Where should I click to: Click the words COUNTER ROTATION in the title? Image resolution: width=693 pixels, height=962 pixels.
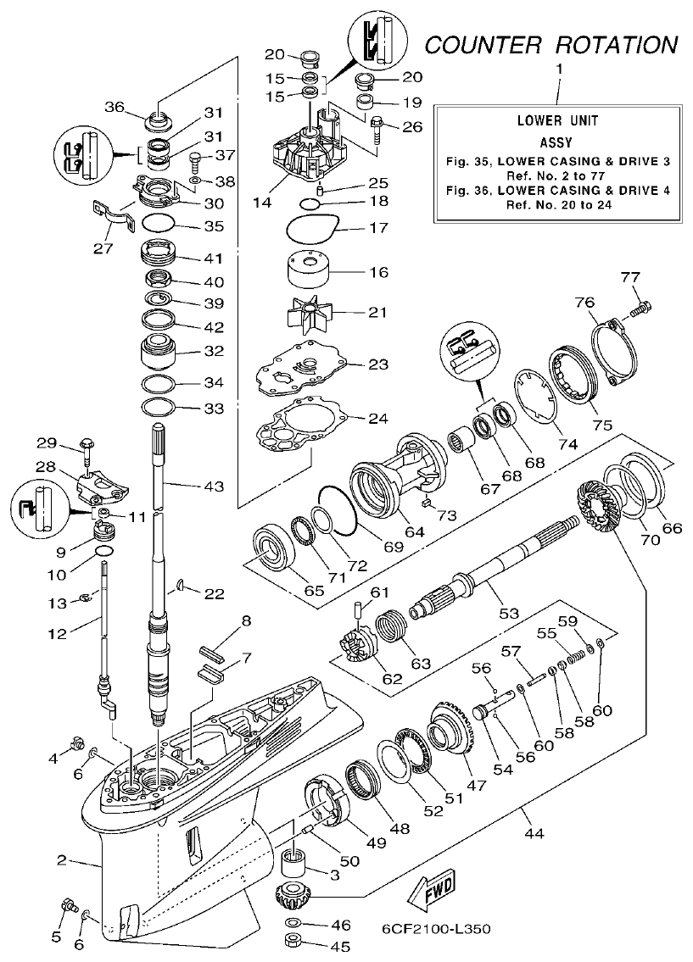click(x=551, y=44)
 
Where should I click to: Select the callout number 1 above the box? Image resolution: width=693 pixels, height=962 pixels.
click(x=558, y=67)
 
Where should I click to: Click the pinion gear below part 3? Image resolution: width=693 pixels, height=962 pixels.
click(x=293, y=894)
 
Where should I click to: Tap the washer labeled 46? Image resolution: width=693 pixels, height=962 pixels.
click(x=293, y=923)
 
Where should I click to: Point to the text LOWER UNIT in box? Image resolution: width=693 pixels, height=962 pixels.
click(x=557, y=121)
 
